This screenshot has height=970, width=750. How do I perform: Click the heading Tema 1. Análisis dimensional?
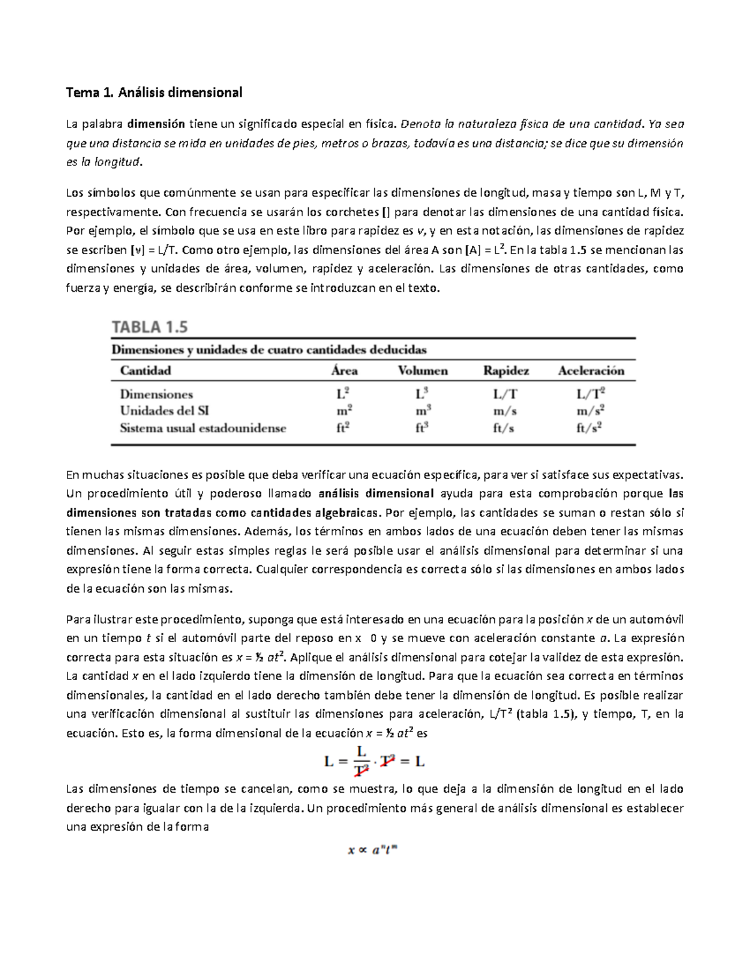click(154, 93)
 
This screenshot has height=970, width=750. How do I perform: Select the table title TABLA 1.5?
click(149, 327)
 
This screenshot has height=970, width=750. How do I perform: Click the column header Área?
click(344, 370)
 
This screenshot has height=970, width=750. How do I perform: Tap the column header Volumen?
click(422, 370)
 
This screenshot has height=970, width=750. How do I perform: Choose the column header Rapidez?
click(506, 370)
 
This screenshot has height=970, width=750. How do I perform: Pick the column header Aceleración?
click(591, 370)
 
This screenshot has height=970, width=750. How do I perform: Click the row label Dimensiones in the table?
click(156, 394)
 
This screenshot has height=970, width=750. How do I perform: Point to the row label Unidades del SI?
click(164, 411)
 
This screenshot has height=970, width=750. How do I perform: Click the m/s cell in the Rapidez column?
click(504, 411)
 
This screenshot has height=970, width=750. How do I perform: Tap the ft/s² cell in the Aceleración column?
click(590, 428)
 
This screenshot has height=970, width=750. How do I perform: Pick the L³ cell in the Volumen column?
click(423, 394)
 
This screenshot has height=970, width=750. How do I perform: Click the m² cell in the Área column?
click(344, 411)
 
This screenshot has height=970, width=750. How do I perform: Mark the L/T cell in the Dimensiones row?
click(504, 394)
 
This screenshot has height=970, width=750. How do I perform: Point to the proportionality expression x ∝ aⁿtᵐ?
click(372, 850)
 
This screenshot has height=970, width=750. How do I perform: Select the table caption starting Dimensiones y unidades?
click(269, 349)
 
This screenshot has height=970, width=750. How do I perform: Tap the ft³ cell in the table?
click(423, 428)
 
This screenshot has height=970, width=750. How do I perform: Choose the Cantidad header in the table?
click(145, 370)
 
